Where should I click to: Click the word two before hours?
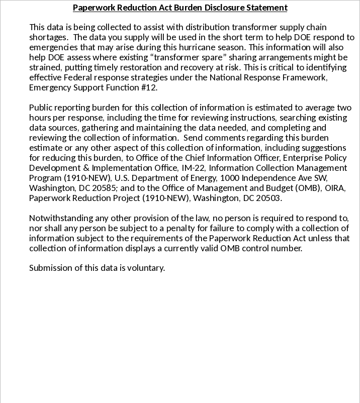coord(344,108)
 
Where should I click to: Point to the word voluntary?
coord(145,268)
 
